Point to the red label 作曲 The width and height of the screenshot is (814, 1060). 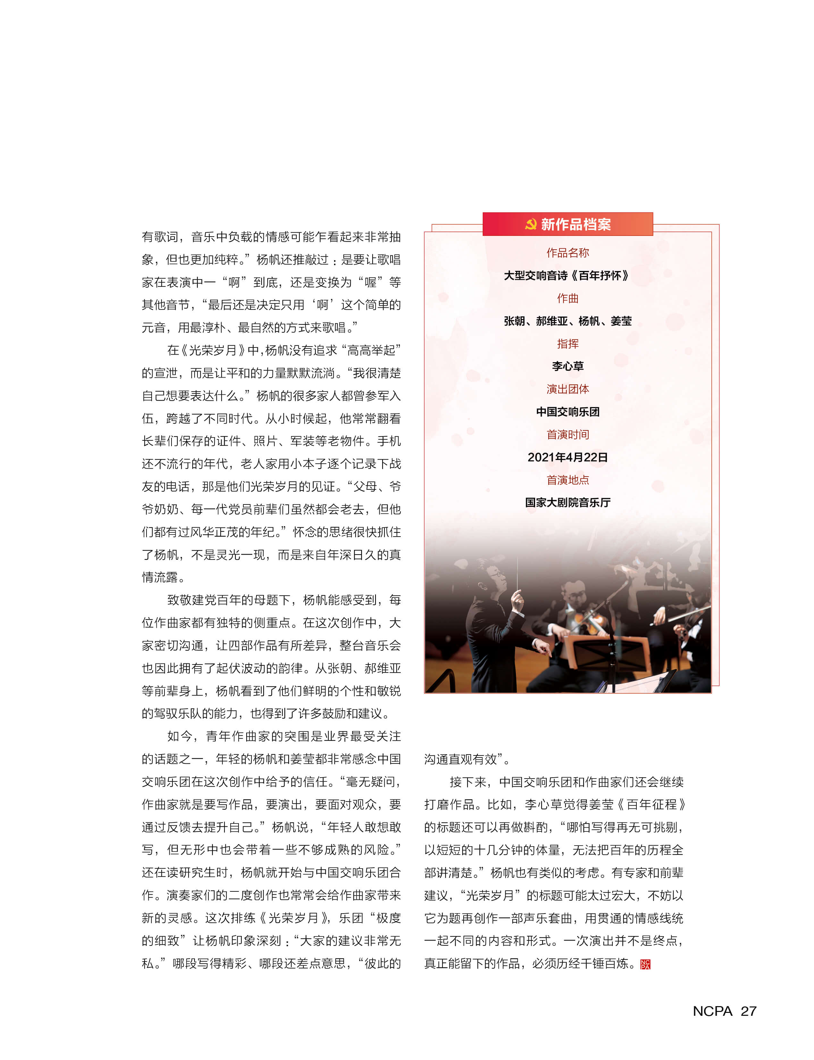tap(567, 298)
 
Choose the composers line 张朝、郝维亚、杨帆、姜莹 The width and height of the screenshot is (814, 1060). tap(567, 321)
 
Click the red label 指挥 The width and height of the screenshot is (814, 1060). tap(567, 344)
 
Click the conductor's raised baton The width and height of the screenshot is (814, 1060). tap(517, 574)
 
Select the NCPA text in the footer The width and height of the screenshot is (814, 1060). tap(712, 1011)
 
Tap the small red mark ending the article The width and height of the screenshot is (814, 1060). tap(645, 964)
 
